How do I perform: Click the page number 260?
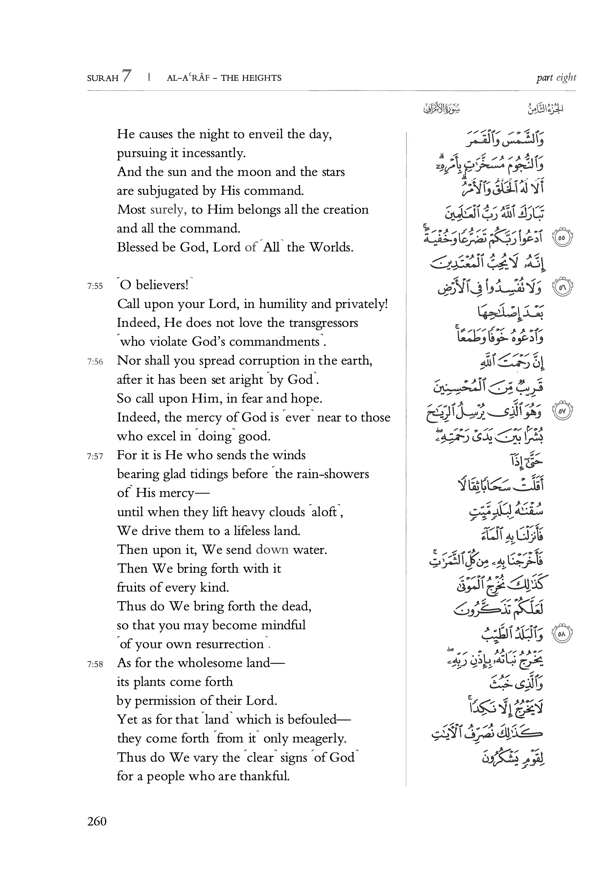[x=97, y=822]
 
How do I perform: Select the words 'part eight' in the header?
[x=556, y=78]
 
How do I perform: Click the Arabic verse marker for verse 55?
[x=562, y=238]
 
